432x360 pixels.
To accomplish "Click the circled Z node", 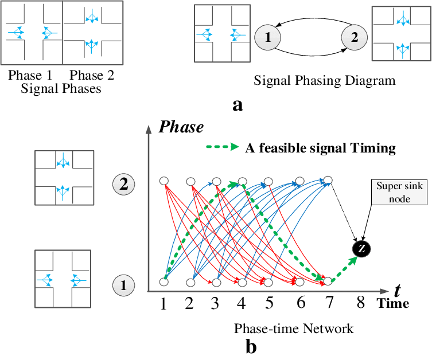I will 361,249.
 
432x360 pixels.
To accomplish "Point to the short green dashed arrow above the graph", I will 222,147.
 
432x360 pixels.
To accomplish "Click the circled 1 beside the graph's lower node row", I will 123,285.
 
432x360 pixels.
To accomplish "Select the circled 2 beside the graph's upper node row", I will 123,185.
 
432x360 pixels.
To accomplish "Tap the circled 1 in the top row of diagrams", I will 267,38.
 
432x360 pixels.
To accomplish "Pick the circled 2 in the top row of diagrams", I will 354,38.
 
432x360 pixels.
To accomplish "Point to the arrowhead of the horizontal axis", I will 384,291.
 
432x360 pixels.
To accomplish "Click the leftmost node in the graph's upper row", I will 164,181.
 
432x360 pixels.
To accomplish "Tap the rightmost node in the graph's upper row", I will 328,180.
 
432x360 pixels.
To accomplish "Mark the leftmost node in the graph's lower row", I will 164,282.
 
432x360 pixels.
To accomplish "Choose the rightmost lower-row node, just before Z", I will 328,281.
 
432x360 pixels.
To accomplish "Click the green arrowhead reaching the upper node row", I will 234,184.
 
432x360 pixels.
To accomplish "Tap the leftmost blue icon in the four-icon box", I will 16,33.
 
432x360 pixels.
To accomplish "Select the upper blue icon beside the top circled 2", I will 403,19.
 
